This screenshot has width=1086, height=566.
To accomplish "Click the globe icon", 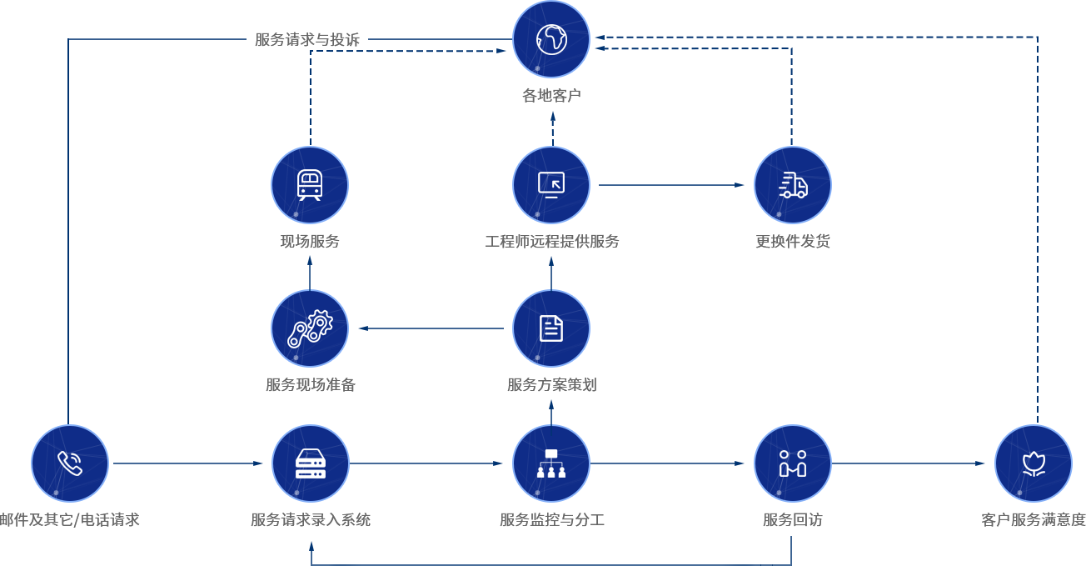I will click(x=551, y=39).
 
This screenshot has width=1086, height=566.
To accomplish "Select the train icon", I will click(x=310, y=185).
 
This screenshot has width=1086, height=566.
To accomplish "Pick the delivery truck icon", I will click(x=793, y=185).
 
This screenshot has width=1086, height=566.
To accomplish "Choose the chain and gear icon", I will click(x=310, y=328).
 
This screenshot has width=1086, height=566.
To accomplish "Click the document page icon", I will click(x=551, y=328).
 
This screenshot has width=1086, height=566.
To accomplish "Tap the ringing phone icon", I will click(x=70, y=463).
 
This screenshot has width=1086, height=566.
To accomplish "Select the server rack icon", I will click(x=311, y=463).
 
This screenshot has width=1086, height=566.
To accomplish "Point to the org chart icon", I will click(x=551, y=463).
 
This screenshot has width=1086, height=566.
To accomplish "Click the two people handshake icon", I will click(x=793, y=463).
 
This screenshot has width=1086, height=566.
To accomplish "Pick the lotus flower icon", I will click(x=1034, y=463).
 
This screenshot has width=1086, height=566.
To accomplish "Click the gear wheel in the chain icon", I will click(x=320, y=322).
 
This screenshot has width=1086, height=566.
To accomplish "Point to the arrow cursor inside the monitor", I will click(x=555, y=183).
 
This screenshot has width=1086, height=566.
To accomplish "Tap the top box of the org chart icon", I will click(x=551, y=453).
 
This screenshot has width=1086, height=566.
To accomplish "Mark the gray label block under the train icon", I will click(x=291, y=248).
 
